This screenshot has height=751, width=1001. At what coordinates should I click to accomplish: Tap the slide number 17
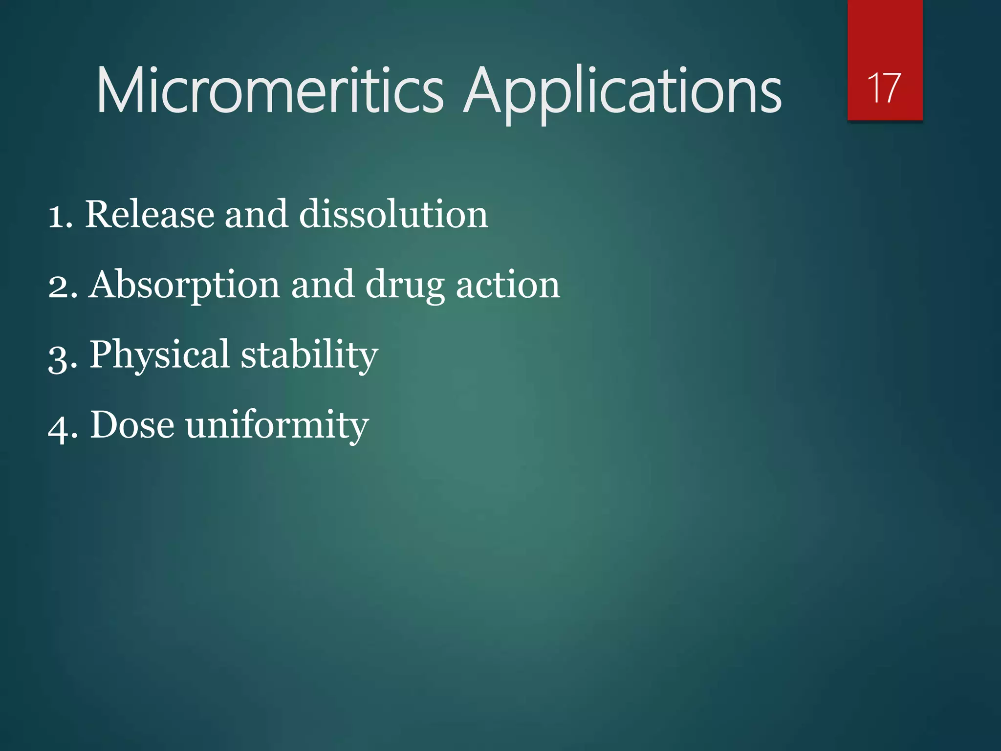(884, 88)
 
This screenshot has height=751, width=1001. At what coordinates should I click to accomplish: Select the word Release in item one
(150, 215)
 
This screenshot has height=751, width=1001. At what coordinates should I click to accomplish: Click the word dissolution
(393, 215)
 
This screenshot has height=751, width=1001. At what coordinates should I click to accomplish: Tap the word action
(508, 285)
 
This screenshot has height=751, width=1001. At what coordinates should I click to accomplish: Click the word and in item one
(256, 215)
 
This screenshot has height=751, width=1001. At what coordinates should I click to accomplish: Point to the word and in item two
(323, 285)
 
